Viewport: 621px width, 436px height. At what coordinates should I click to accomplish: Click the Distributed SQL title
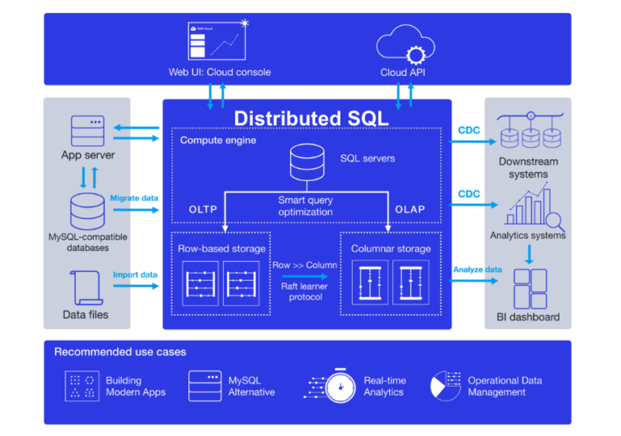tap(311, 118)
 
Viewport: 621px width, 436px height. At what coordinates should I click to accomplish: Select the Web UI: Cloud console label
tap(219, 72)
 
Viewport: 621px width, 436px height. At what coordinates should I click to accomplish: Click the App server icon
tap(87, 131)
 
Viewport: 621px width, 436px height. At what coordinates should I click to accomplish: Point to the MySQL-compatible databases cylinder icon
tap(87, 212)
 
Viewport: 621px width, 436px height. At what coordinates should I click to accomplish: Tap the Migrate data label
tap(133, 197)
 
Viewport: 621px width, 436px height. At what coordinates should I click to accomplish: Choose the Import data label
tap(134, 274)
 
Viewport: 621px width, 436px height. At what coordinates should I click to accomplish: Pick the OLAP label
tap(410, 210)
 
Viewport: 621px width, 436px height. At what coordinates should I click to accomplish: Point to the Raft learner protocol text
tap(306, 291)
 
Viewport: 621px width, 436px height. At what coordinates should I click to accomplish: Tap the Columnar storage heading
tap(390, 248)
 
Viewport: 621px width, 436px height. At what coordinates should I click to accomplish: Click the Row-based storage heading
tap(222, 248)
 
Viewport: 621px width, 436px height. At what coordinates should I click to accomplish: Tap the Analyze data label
tap(477, 269)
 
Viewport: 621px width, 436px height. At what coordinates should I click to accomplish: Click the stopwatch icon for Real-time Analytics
tap(341, 385)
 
